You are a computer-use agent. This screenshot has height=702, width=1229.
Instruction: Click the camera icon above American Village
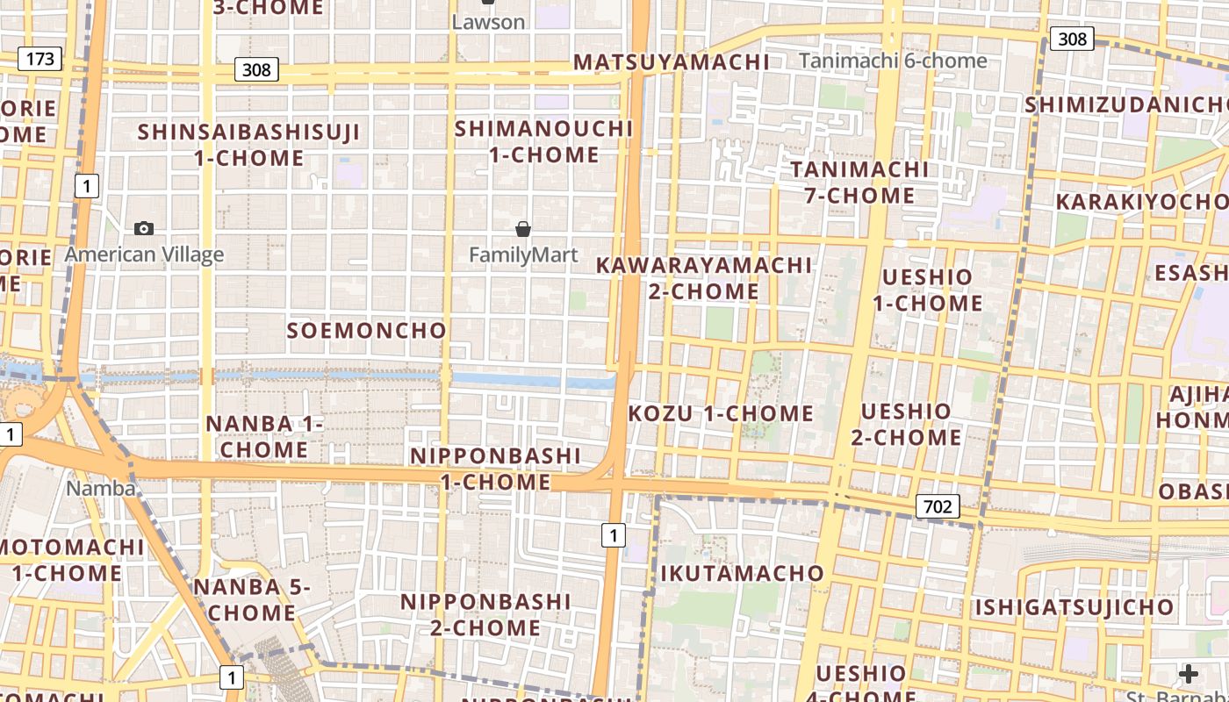coord(144,229)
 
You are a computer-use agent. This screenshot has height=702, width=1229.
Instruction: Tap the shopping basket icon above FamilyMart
coord(523,230)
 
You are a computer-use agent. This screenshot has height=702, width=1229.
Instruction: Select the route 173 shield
coord(40,59)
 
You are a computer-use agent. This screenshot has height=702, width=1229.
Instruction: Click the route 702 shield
coord(938,506)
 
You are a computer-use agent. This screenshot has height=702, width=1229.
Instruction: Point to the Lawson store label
coord(488,22)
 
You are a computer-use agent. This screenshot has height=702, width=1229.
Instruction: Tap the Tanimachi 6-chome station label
coord(893,61)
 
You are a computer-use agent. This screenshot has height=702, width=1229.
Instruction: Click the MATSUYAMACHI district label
coord(672,62)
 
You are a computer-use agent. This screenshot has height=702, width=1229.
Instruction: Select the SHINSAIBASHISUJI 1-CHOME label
coord(249,146)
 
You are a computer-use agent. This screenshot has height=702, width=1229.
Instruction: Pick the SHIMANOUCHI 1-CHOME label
coord(543,142)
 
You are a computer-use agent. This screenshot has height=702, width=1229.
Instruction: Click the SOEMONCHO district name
coord(367,331)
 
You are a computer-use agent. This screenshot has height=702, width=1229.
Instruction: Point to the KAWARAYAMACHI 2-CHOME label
coord(704,278)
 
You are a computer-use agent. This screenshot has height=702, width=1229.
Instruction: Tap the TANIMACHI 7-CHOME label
coord(859,183)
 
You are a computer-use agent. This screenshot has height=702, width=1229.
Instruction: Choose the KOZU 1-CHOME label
coord(721,413)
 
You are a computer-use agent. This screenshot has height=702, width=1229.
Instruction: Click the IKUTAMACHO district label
coord(742,574)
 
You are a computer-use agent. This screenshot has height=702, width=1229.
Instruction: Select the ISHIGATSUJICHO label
coord(1074,607)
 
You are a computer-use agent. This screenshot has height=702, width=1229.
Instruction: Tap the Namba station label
coord(101,489)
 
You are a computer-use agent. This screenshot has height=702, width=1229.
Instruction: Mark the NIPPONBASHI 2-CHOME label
coord(485,615)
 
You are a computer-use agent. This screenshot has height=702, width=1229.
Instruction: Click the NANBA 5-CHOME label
coord(252,600)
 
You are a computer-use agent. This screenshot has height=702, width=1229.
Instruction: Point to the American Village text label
coord(145,255)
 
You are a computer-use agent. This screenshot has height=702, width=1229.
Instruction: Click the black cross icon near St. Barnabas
coord(1189,674)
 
